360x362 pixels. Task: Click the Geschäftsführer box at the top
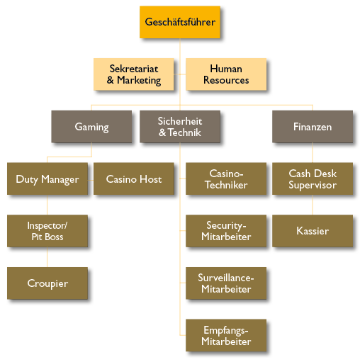coord(180,22)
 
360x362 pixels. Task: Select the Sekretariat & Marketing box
coord(134,74)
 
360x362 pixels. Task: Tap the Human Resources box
coord(226,74)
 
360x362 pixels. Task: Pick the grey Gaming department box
coord(91,127)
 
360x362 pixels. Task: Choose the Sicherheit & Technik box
coord(180,127)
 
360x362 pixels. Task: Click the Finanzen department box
coord(313,127)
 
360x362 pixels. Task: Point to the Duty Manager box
coord(47,179)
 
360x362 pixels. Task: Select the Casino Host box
coord(134,179)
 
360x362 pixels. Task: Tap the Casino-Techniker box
coord(226,179)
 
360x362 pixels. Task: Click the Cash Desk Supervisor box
coord(313,179)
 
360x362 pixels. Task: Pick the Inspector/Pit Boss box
coord(47,231)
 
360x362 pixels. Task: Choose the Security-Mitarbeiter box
coord(226,231)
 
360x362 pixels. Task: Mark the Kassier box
coord(313,231)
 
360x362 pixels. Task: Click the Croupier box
coord(47,283)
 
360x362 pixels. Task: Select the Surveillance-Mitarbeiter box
coord(226,283)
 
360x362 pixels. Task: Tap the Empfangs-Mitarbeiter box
coord(226,335)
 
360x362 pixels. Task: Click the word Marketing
coord(139,80)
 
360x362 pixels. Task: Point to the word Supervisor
coord(313,185)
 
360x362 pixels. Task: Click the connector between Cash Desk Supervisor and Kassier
coord(313,205)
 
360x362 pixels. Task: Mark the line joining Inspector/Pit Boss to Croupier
coord(47,257)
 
